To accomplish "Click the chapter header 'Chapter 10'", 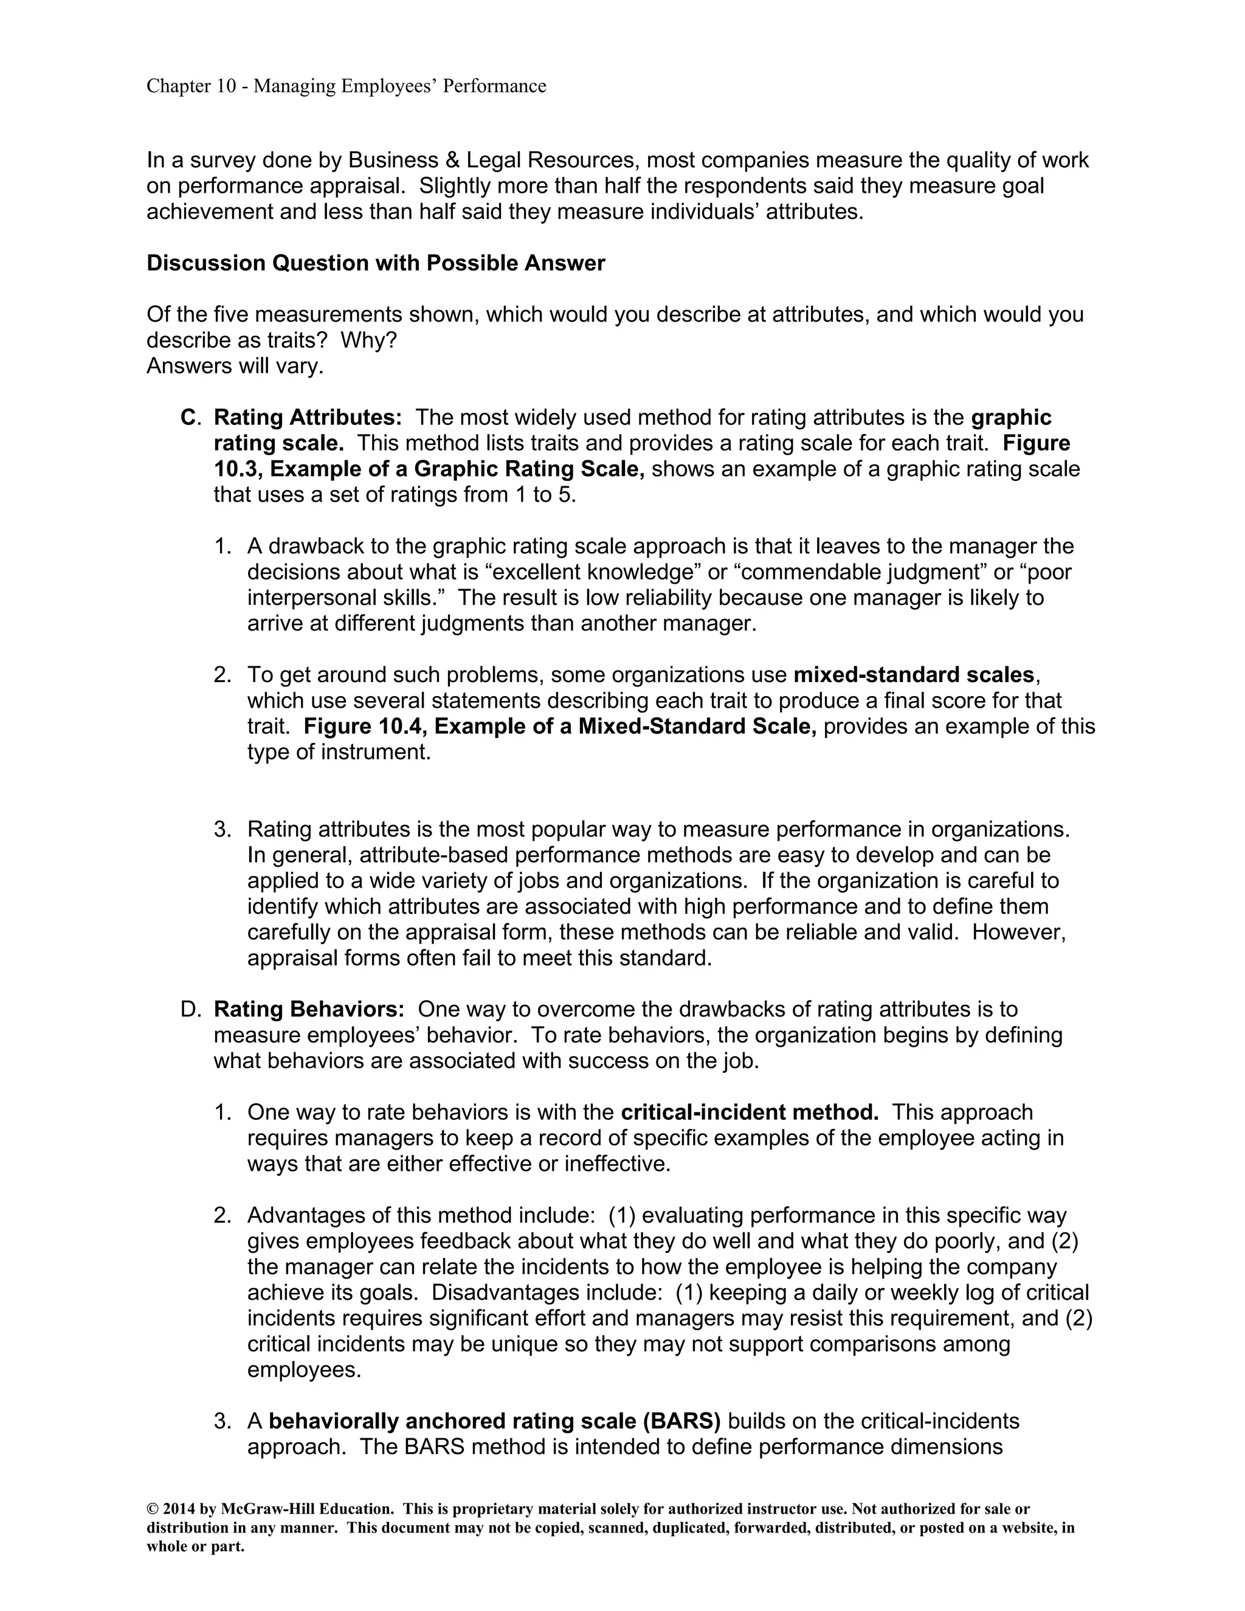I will [191, 86].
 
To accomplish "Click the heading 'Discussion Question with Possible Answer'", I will [376, 263].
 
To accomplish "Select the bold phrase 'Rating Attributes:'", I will [308, 418].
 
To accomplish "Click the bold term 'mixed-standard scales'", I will [913, 675].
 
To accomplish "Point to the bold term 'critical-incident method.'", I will [750, 1113].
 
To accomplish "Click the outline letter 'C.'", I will [190, 418].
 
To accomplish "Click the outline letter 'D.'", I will [190, 1009].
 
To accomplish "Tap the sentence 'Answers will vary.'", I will [235, 366].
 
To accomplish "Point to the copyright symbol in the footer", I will [152, 1509].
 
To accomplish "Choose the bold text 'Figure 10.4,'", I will [365, 726].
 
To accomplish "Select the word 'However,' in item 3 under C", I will [1019, 933].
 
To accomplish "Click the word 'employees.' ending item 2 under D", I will [305, 1370].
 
